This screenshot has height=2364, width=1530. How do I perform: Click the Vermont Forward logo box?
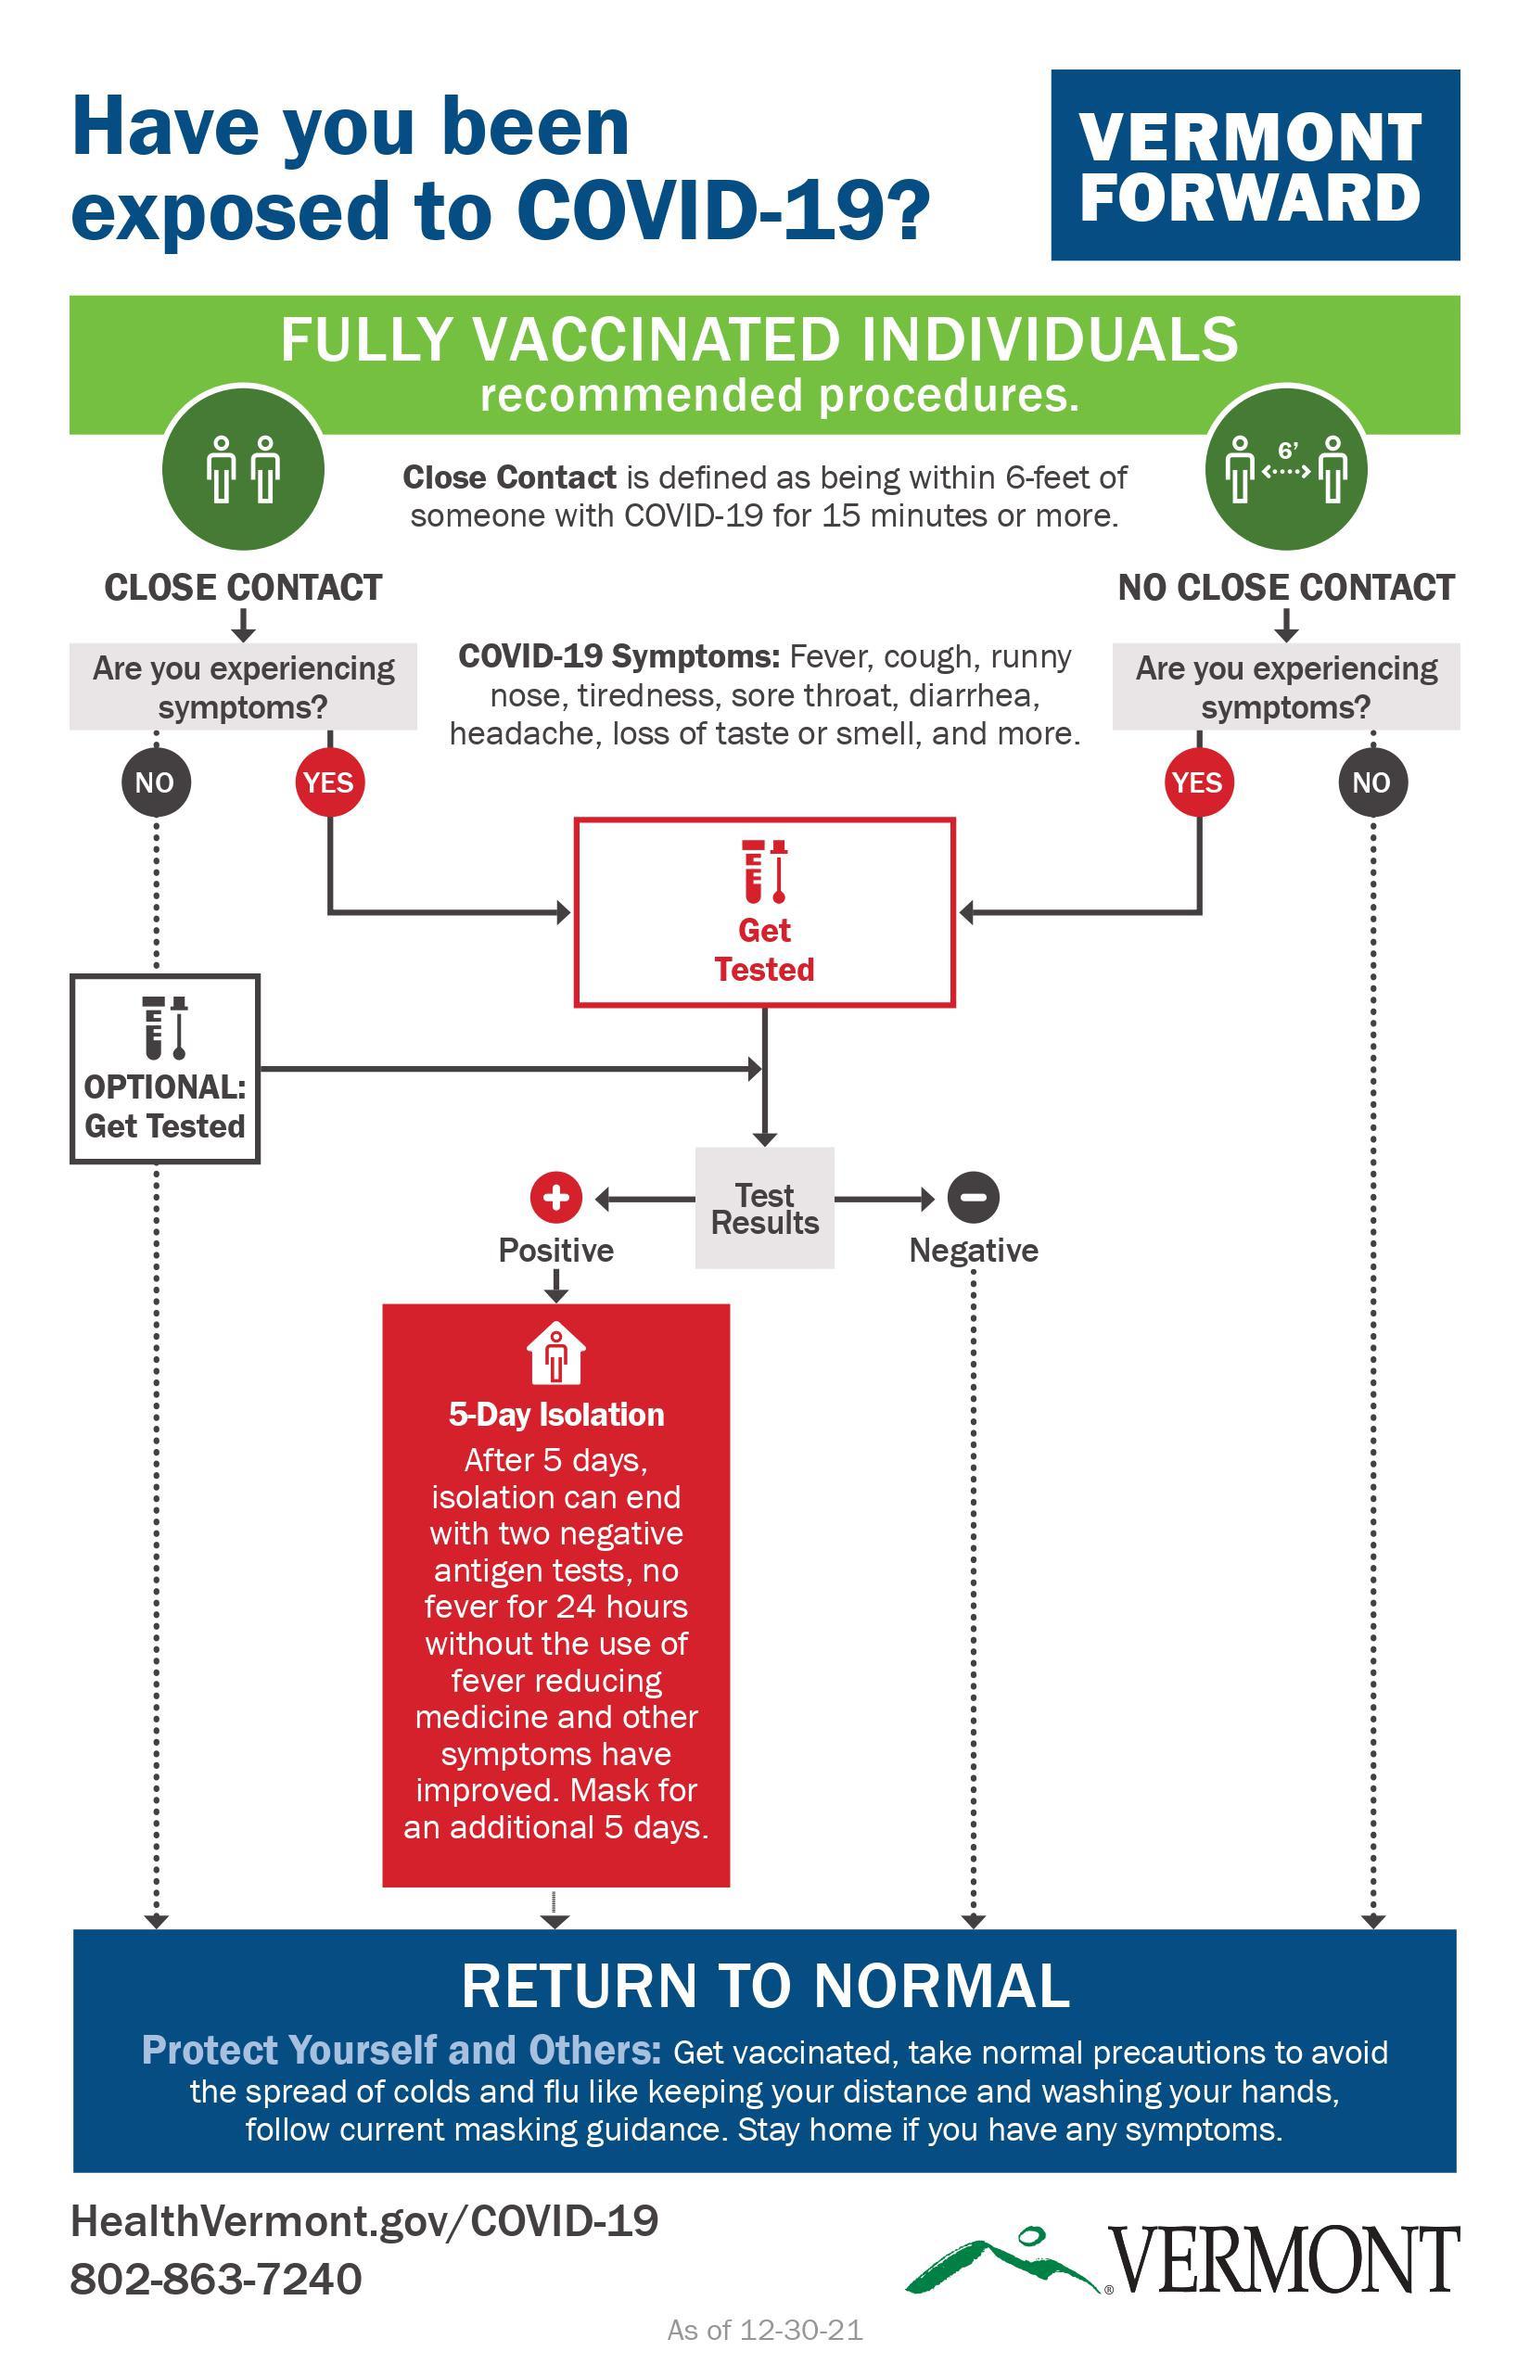(x=1255, y=165)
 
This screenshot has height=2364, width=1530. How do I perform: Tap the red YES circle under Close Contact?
(x=330, y=782)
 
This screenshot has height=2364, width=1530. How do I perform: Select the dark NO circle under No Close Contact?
(x=1372, y=782)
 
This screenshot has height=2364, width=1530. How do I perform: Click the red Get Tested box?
(x=765, y=912)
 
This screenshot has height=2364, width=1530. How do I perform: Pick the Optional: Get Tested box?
(x=165, y=1069)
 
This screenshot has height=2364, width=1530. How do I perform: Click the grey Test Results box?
(x=765, y=1208)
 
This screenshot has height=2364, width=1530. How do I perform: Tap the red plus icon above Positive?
(x=556, y=1197)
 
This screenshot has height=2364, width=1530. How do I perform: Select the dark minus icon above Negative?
(x=974, y=1197)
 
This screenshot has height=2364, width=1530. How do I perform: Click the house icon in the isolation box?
(x=556, y=1353)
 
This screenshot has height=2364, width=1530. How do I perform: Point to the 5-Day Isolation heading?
(x=556, y=1415)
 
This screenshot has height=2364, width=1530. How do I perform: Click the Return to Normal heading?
(x=765, y=1987)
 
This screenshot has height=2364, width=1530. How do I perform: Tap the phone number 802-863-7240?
(x=215, y=2280)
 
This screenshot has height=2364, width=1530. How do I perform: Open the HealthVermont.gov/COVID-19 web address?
(x=364, y=2222)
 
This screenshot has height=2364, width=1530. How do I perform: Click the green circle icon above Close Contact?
(x=243, y=469)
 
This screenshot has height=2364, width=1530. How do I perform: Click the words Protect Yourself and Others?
(x=402, y=2050)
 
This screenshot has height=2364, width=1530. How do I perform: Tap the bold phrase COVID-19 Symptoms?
(x=619, y=656)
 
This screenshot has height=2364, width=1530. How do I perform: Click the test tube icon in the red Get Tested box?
(x=765, y=871)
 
